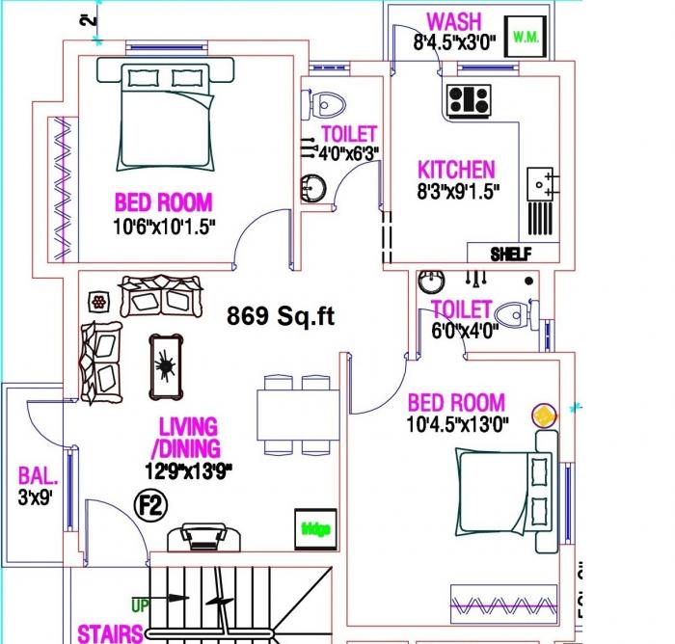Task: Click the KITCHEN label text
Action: (456, 170)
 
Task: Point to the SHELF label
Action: (511, 254)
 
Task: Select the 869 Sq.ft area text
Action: (281, 314)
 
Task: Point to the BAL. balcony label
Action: (38, 475)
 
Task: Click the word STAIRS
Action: (110, 633)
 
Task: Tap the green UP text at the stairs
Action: (140, 605)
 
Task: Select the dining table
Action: (296, 415)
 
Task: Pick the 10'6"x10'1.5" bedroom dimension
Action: (164, 227)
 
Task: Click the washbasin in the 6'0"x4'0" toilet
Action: (430, 282)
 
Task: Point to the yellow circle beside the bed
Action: (546, 415)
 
